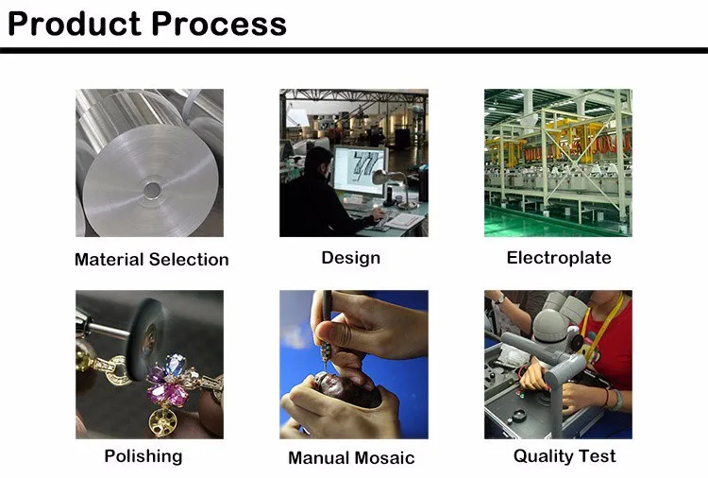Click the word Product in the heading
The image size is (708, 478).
(75, 24)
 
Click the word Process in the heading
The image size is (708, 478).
(219, 24)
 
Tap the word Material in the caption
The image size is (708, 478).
(109, 260)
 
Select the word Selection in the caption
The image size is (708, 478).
(189, 260)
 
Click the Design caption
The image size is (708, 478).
(351, 258)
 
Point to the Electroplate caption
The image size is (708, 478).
(559, 258)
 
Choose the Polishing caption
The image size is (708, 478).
(143, 456)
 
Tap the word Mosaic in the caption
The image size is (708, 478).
(382, 457)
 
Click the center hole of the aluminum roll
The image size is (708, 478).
(152, 190)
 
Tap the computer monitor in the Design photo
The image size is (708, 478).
(360, 170)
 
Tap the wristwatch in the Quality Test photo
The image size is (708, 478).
(499, 299)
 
